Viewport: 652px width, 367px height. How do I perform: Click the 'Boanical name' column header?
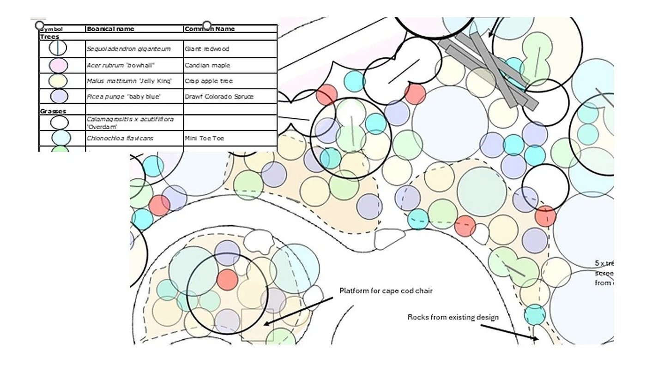[x=110, y=29]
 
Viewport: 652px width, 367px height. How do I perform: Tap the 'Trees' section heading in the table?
[x=49, y=37]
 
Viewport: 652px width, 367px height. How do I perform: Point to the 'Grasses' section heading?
[x=53, y=111]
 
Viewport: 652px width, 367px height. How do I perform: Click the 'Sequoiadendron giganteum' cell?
[x=128, y=49]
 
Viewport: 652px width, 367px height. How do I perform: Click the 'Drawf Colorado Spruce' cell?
[x=219, y=97]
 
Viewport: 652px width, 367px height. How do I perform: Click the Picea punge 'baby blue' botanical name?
[x=123, y=97]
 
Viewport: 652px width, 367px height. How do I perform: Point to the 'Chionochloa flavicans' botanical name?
[x=120, y=138]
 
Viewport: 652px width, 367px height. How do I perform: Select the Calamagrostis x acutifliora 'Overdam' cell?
[x=130, y=122]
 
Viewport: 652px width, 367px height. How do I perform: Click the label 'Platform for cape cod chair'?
[x=386, y=291]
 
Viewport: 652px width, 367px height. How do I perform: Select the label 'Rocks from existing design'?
[x=453, y=317]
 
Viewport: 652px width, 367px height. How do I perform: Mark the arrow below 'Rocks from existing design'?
[x=510, y=332]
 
